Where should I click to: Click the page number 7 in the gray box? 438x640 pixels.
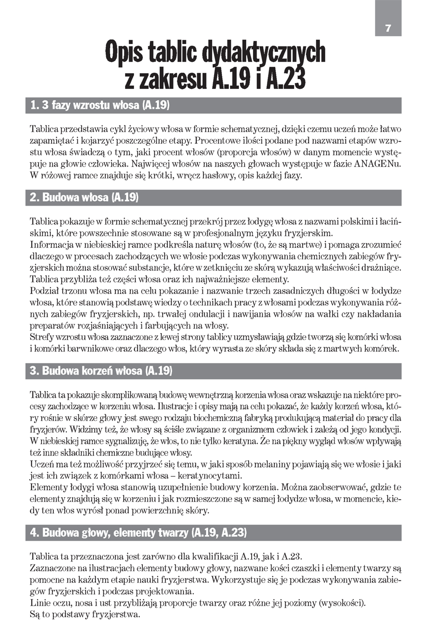tap(388, 28)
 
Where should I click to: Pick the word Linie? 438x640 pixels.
tap(40, 603)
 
